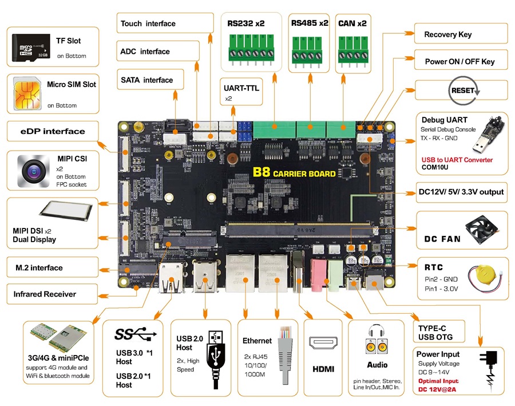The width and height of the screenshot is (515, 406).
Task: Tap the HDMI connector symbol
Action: coord(323,343)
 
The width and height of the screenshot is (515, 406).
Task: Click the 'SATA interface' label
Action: coord(146,80)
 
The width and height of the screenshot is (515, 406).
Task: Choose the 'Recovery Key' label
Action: coord(447,34)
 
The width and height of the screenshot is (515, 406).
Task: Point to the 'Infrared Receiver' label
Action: coord(45,294)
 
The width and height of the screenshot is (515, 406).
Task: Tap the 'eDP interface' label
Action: coord(47,131)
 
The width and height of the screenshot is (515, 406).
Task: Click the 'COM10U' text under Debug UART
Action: coord(438,168)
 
